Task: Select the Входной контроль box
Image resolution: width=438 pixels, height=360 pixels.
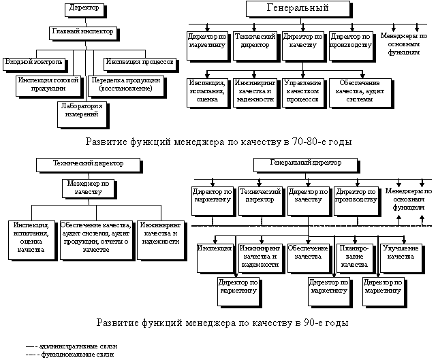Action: point(35,65)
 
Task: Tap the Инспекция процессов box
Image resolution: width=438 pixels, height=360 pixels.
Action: point(141,65)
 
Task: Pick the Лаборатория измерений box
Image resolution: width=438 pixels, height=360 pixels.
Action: point(83,115)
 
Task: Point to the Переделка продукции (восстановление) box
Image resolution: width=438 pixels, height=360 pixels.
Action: point(127,86)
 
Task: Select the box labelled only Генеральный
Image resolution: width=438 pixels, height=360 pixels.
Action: point(299,10)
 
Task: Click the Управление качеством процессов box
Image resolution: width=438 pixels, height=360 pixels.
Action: point(304,93)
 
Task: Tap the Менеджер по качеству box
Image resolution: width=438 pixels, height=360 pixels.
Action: point(89,189)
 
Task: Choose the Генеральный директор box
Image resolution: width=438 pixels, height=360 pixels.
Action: point(307,165)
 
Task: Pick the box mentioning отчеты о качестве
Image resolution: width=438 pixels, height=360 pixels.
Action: point(97,241)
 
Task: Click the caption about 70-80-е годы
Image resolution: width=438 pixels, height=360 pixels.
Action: point(219,142)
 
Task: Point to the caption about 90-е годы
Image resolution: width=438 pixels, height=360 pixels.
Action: point(222,323)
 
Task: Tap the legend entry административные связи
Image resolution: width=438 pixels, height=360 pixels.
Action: point(72,346)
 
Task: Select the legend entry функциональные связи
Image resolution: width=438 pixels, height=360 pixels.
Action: point(70,355)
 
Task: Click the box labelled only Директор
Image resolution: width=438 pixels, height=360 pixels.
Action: point(85,11)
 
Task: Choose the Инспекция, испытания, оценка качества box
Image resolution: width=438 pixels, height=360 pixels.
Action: point(33,241)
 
